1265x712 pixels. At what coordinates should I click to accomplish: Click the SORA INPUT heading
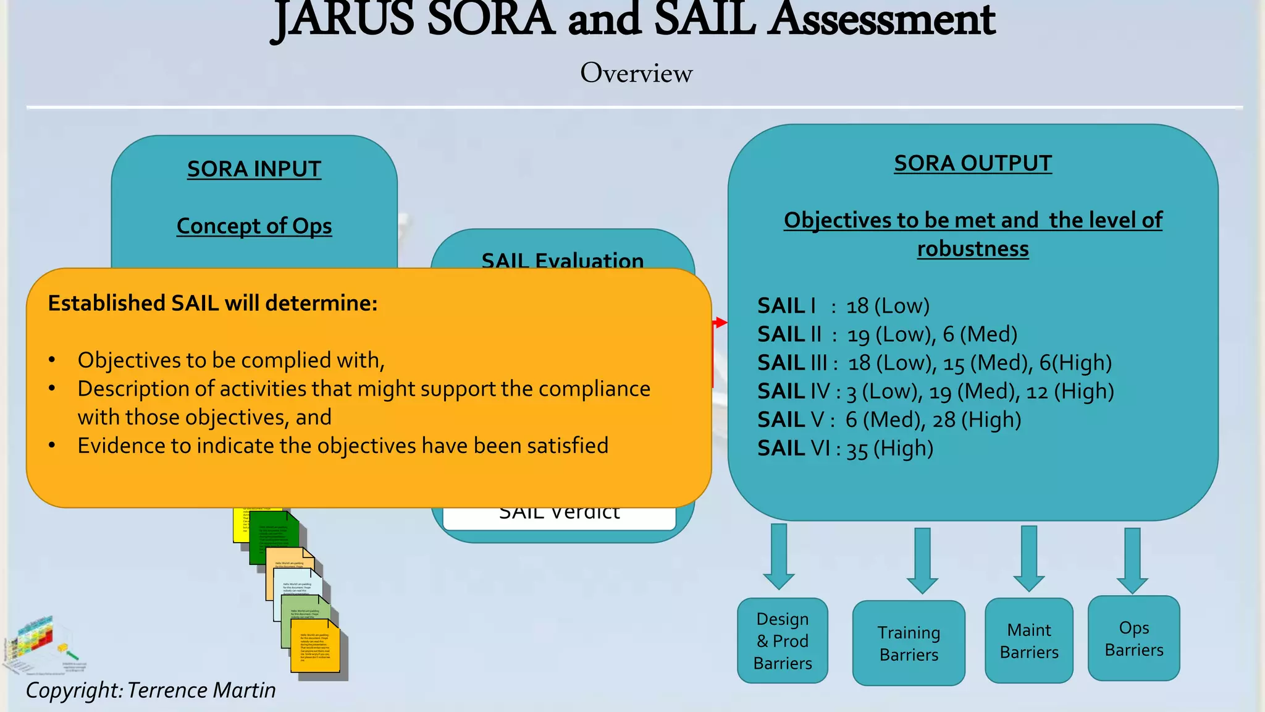(x=254, y=169)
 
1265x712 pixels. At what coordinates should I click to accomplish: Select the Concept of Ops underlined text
(x=254, y=226)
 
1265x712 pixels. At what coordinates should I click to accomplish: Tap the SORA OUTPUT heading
(x=973, y=163)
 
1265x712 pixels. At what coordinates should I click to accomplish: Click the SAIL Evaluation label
(x=562, y=260)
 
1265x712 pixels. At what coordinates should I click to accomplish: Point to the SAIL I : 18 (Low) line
(x=843, y=306)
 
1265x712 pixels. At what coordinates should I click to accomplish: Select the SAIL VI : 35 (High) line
(x=845, y=448)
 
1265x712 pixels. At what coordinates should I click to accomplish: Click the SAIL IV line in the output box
(x=935, y=391)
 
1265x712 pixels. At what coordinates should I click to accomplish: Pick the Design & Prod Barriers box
(x=783, y=641)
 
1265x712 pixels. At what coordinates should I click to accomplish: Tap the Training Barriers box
(x=909, y=643)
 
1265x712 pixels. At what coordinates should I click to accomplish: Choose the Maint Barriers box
(x=1029, y=641)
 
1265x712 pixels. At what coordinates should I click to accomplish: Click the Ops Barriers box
(x=1134, y=638)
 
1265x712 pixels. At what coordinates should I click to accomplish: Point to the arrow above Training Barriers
(x=922, y=560)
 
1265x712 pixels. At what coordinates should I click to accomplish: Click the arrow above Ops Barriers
(x=1132, y=560)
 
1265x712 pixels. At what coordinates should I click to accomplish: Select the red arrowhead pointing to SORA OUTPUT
(x=720, y=323)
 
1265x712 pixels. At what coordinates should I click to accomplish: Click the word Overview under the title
(x=636, y=73)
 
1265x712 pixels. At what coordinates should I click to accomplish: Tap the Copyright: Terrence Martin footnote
(x=151, y=690)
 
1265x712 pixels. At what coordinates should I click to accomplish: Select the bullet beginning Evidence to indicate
(x=343, y=446)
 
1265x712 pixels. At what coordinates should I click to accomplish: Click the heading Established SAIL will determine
(x=212, y=303)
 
